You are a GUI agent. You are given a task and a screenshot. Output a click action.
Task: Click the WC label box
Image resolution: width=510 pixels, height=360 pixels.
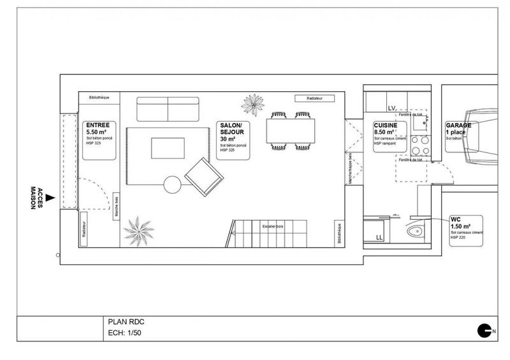[x=465, y=230]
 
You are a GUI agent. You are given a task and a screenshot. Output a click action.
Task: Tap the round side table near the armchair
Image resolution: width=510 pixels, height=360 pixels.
[x=173, y=185]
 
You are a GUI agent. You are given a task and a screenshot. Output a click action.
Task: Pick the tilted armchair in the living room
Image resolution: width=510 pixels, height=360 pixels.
[x=203, y=176]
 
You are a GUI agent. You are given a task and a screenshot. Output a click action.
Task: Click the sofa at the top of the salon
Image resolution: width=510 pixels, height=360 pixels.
[x=168, y=108]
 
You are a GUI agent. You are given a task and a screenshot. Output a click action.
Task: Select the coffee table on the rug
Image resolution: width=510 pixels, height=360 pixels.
[x=168, y=148]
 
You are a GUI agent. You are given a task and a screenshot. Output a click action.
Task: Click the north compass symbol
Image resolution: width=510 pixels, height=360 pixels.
[x=485, y=329]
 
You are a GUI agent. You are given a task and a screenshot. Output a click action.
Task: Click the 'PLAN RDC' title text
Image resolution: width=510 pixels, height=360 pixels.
[x=123, y=322]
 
